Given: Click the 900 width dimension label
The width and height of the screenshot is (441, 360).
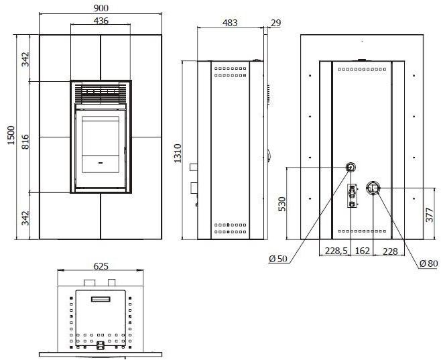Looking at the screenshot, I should tap(101, 7).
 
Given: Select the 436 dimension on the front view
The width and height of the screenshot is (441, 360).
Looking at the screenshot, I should tap(101, 21).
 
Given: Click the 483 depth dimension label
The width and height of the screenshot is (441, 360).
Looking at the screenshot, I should tap(230, 23).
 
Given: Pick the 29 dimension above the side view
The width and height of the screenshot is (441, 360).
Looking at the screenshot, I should tap(275, 23).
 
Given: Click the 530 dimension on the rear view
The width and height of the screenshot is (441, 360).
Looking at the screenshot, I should tap(282, 204).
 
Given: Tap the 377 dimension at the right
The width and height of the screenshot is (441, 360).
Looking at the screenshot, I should tap(430, 215).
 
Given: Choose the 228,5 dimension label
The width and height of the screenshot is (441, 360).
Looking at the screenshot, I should tap(335, 251).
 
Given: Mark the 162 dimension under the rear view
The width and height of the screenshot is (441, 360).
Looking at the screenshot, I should tap(363, 251).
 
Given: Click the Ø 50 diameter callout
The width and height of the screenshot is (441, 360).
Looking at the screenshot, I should tap(278, 259).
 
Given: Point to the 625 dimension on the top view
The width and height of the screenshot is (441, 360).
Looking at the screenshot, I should tap(101, 266).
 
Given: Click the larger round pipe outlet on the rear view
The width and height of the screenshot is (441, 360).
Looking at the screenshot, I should tap(374, 188).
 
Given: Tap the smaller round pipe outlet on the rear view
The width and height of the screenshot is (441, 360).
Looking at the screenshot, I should tap(351, 167).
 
